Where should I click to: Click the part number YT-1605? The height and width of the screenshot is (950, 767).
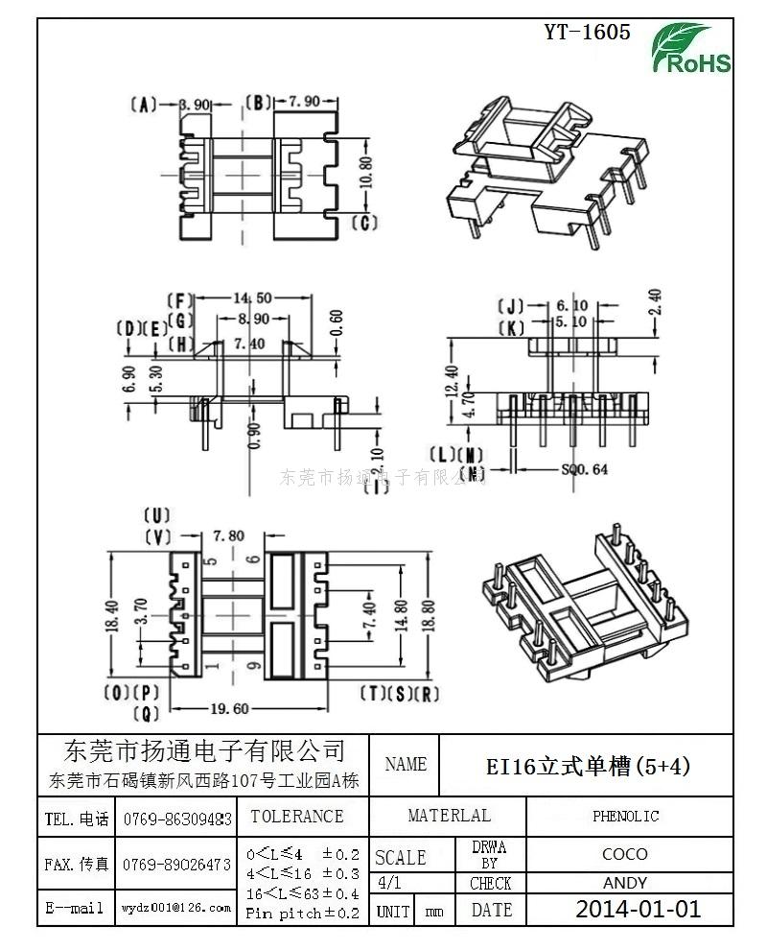pyautogui.click(x=588, y=33)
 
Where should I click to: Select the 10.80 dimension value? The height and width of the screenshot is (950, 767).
pyautogui.click(x=364, y=171)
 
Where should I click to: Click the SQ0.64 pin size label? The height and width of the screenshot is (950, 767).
pyautogui.click(x=584, y=469)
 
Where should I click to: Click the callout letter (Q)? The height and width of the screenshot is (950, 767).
pyautogui.click(x=145, y=713)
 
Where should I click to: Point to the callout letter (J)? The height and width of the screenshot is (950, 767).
pyautogui.click(x=510, y=307)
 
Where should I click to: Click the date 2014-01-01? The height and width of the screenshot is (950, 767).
pyautogui.click(x=638, y=909)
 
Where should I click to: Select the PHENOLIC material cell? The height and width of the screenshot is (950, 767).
pyautogui.click(x=625, y=817)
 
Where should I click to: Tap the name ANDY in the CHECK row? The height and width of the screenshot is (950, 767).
pyautogui.click(x=625, y=883)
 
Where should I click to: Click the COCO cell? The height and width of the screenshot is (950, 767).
pyautogui.click(x=625, y=854)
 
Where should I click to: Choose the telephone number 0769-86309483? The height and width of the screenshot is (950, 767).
pyautogui.click(x=177, y=819)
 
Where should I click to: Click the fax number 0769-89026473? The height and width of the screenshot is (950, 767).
pyautogui.click(x=177, y=865)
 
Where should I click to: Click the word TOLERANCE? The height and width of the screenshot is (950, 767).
pyautogui.click(x=296, y=817)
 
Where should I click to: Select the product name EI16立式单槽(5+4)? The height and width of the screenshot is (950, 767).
pyautogui.click(x=588, y=766)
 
